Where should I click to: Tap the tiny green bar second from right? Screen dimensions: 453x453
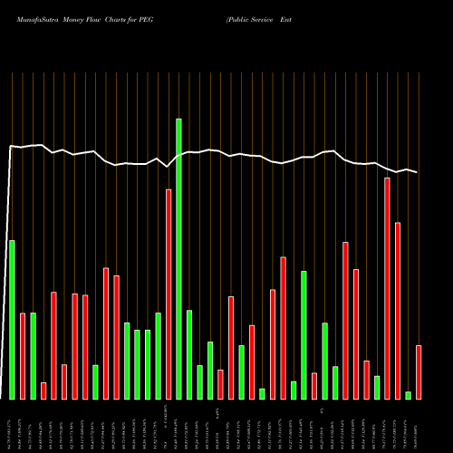pyautogui.click(x=409, y=395)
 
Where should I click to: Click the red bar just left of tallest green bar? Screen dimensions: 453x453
pyautogui.click(x=169, y=294)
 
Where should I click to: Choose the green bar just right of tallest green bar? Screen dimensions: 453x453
pyautogui.click(x=189, y=354)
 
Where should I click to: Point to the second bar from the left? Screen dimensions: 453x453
pyautogui.click(x=23, y=355)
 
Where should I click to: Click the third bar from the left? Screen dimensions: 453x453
pyautogui.click(x=33, y=355)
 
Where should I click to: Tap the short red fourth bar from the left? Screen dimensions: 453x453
pyautogui.click(x=43, y=390)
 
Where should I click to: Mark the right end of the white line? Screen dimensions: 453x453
pyautogui.click(x=418, y=172)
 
